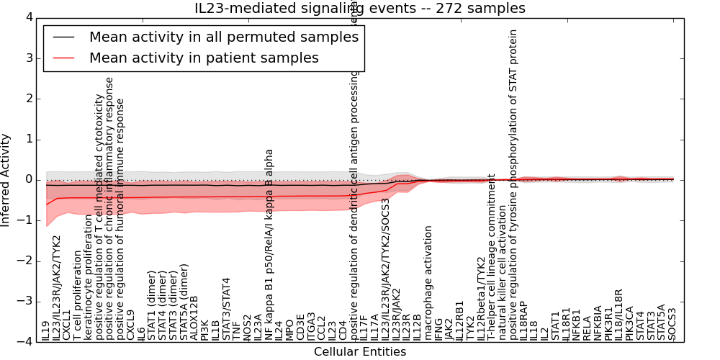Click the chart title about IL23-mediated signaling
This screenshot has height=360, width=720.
[x=360, y=9]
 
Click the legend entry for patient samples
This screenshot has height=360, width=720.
[x=204, y=58]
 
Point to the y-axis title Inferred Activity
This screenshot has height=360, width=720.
[x=6, y=179]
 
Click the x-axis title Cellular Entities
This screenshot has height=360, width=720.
[x=360, y=352]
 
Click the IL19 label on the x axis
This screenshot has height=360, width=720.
[x=47, y=329]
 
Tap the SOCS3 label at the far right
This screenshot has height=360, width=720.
[x=672, y=324]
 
